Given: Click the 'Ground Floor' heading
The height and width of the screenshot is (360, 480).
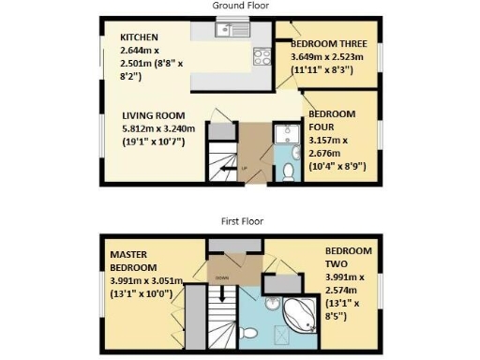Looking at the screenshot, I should (240, 5).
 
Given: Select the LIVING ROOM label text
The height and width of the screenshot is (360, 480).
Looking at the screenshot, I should (139, 115).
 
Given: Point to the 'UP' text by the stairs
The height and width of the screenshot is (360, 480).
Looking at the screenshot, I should (245, 169).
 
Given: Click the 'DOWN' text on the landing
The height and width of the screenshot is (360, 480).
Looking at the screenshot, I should (221, 278).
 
